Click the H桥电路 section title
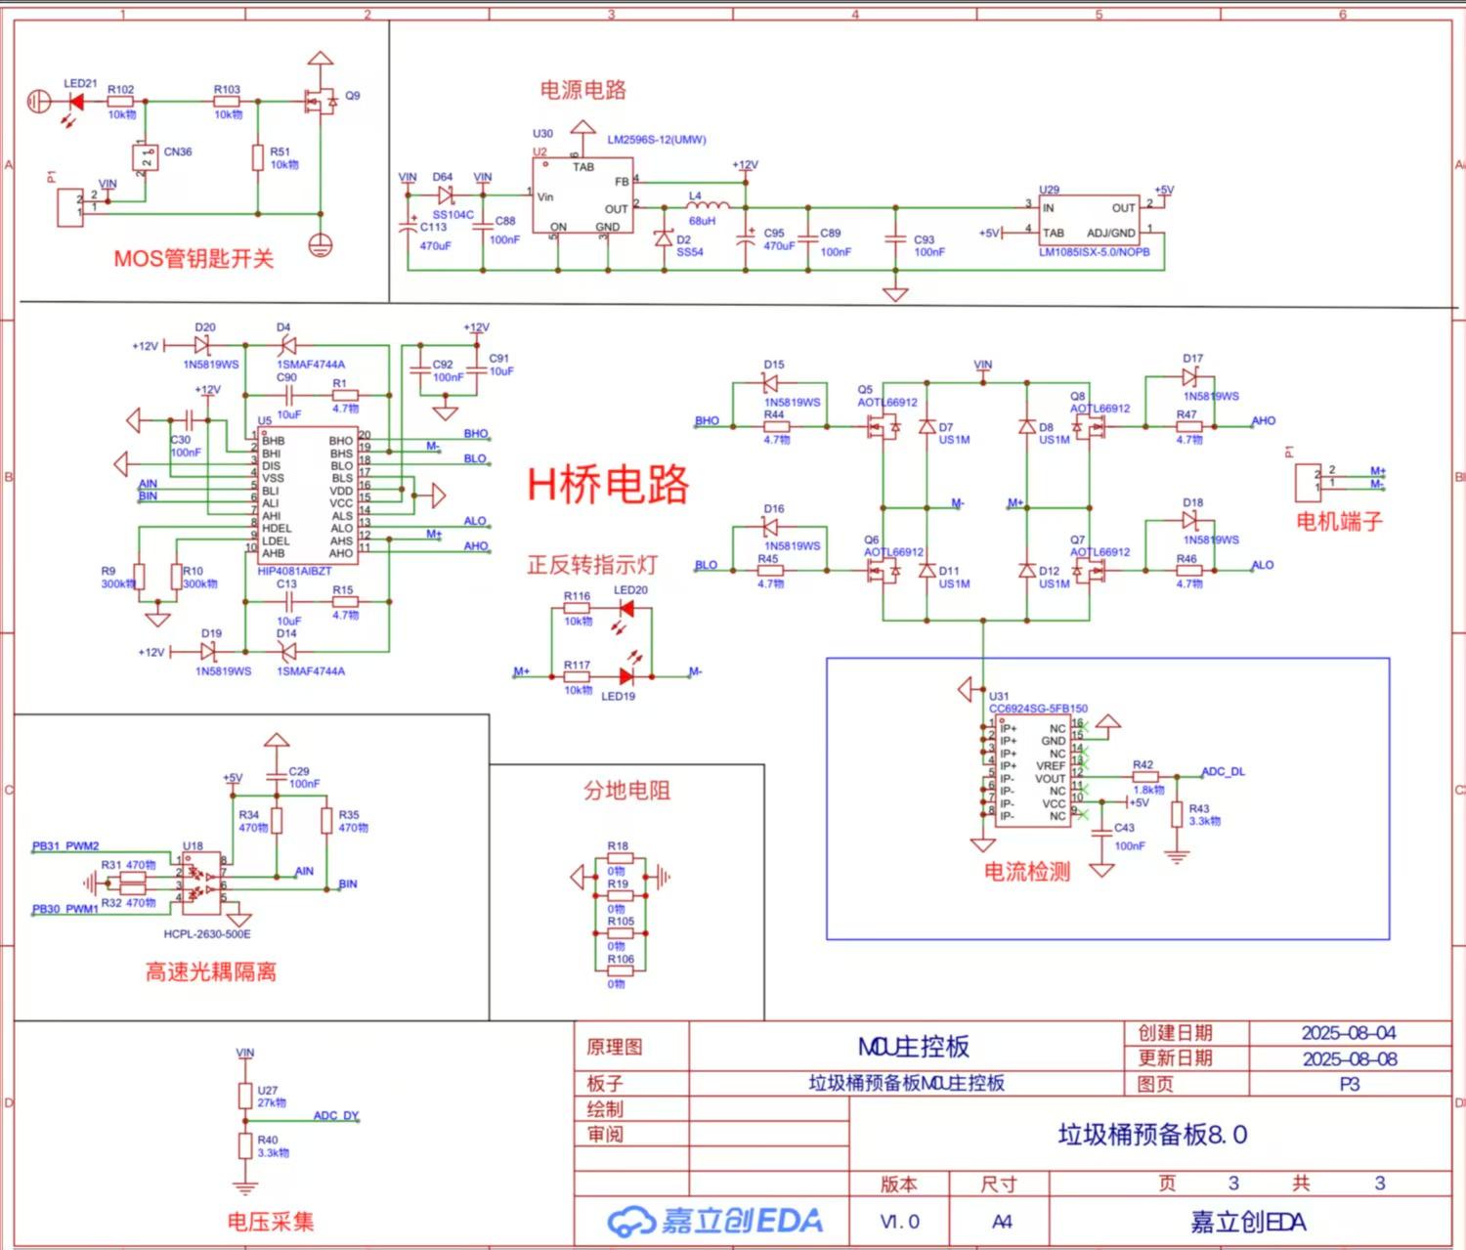point(608,485)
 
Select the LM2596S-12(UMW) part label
point(656,140)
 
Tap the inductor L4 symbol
point(708,207)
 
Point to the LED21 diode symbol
point(76,101)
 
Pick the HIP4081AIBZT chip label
point(294,571)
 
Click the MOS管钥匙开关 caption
point(194,259)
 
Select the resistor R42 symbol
point(1144,777)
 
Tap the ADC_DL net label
point(1223,771)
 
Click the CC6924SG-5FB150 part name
point(1038,709)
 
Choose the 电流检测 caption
point(1026,872)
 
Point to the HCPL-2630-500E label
point(207,934)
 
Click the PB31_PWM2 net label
point(65,846)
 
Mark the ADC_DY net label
point(335,1115)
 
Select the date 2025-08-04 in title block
point(1349,1033)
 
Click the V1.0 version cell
point(899,1222)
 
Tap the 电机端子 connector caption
point(1339,522)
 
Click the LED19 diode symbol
point(626,675)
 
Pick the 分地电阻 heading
point(626,791)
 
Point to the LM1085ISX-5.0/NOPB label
point(1094,252)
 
